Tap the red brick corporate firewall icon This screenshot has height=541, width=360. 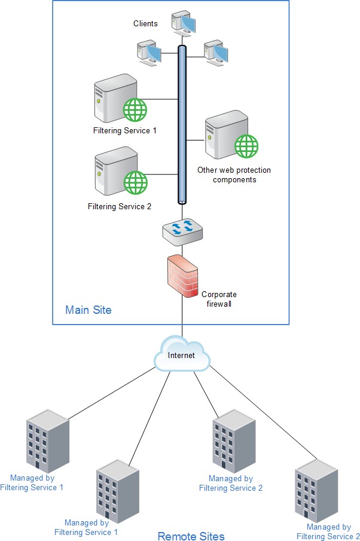point(182,277)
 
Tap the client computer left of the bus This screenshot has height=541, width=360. point(148,53)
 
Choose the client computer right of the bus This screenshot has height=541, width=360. point(215,53)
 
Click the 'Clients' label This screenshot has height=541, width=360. point(145,24)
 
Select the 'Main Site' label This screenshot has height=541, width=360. point(88,310)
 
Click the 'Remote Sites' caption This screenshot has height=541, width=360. point(191,536)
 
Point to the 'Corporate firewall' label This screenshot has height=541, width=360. point(219,299)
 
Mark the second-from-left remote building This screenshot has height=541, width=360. point(117,490)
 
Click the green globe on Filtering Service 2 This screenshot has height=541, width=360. point(135,182)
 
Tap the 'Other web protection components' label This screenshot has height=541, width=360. point(234,175)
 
